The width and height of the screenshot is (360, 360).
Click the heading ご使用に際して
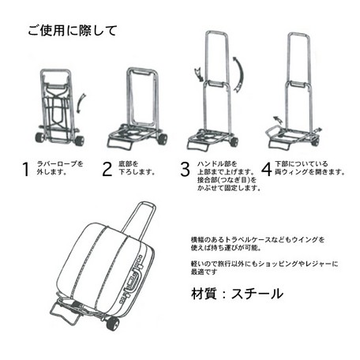click(x=73, y=31)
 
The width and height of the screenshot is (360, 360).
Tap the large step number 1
click(x=25, y=169)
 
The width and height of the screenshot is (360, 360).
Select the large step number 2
click(x=107, y=169)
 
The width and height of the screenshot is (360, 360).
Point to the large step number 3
click(x=185, y=170)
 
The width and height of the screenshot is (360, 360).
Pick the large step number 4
click(x=266, y=169)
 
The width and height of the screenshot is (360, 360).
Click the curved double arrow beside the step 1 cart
click(x=81, y=103)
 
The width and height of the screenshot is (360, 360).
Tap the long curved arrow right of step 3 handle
click(x=239, y=74)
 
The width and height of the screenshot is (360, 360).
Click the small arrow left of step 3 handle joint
click(x=198, y=74)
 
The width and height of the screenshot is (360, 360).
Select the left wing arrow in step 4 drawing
click(x=278, y=120)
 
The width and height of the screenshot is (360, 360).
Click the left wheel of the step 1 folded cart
click(x=39, y=137)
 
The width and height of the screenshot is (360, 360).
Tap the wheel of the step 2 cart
click(x=163, y=139)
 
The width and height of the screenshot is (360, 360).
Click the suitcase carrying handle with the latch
click(x=133, y=279)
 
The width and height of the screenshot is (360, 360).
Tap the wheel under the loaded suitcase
click(x=112, y=323)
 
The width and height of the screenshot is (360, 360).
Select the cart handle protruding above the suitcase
click(x=141, y=219)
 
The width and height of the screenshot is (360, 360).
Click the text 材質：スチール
click(x=237, y=294)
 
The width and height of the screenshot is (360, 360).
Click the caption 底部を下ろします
click(x=137, y=168)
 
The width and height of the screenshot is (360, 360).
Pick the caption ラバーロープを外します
click(x=60, y=168)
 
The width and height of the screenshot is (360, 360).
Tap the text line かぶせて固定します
click(x=229, y=188)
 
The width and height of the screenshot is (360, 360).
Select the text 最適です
click(x=204, y=272)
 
